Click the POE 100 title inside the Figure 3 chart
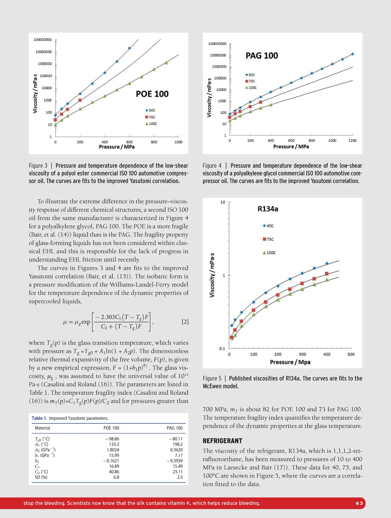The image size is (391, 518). pos(152,94)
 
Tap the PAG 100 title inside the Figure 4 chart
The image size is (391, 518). pos(262,55)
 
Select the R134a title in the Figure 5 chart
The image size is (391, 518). pos(268,209)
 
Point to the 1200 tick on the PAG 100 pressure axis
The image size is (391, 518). pos(353,141)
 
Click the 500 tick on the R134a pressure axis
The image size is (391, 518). pos(351,354)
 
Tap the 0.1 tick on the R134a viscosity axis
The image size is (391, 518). pos(222,348)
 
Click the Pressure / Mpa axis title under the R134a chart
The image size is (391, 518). pos(290,362)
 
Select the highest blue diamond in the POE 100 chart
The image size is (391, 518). pos(129,48)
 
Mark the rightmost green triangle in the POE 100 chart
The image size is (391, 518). pos(167,63)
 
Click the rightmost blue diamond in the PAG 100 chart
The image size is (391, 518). pos(353,54)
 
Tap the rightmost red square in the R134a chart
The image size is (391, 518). pos(327,274)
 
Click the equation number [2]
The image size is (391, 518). pos(185,322)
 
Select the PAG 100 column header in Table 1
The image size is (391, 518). pos(175,428)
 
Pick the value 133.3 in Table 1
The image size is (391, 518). pos(114,444)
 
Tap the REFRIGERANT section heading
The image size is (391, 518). pos(223,441)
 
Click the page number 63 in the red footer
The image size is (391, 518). pos(359,503)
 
